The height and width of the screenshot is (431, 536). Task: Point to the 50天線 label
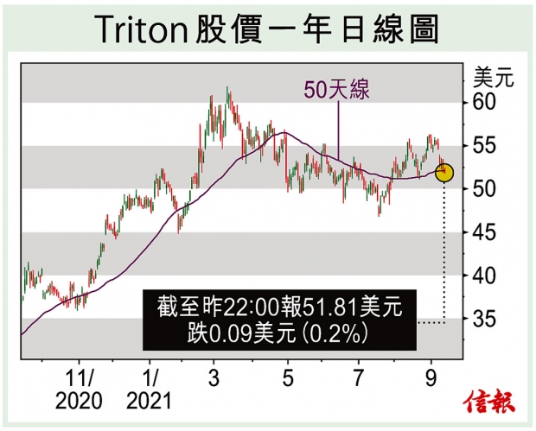click(x=335, y=89)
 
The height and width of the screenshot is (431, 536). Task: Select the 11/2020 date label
click(x=80, y=389)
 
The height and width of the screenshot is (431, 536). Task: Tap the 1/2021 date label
click(x=150, y=389)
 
